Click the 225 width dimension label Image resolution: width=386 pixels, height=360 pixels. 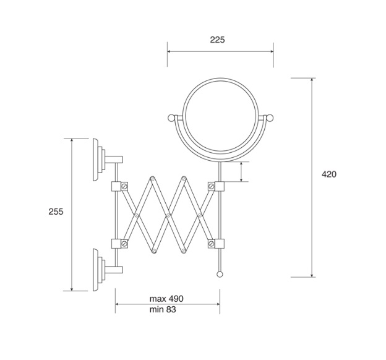click(217, 40)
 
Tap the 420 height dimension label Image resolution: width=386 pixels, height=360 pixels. click(328, 174)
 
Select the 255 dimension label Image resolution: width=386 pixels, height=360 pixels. click(56, 211)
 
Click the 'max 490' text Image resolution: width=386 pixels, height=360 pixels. click(166, 299)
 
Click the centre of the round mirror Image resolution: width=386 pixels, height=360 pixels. click(220, 119)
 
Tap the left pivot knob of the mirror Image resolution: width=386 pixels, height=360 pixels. click(173, 118)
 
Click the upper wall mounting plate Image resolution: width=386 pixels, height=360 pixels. click(98, 160)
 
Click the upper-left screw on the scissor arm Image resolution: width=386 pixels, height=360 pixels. click(124, 186)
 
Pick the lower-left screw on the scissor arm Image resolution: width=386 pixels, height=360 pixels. click(124, 243)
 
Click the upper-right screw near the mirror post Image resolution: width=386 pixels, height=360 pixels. click(211, 186)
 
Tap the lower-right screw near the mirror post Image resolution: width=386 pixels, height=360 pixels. click(211, 243)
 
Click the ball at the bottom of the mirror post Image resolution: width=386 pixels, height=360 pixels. click(219, 274)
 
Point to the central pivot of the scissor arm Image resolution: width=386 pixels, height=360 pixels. click(168, 215)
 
